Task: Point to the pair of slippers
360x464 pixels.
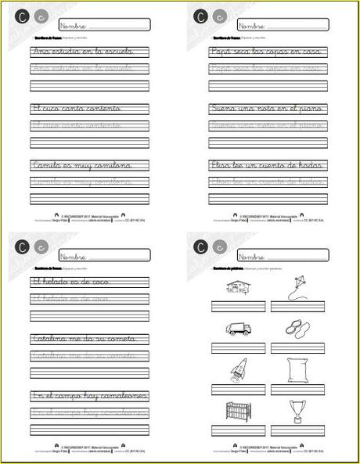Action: click(x=297, y=329)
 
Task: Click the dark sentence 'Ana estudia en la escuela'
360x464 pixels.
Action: click(x=82, y=52)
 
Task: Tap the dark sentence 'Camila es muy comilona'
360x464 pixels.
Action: click(x=81, y=165)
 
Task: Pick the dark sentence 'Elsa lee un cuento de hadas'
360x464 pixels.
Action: click(x=266, y=165)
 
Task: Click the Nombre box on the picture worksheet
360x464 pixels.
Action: click(x=279, y=254)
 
